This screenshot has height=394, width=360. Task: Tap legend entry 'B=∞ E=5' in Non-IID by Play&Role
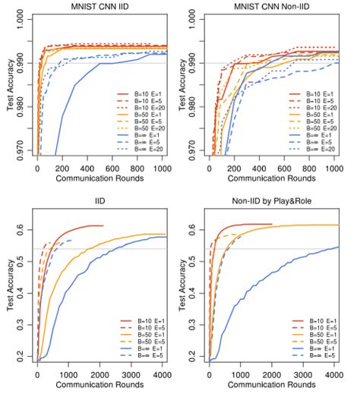click(313, 356)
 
